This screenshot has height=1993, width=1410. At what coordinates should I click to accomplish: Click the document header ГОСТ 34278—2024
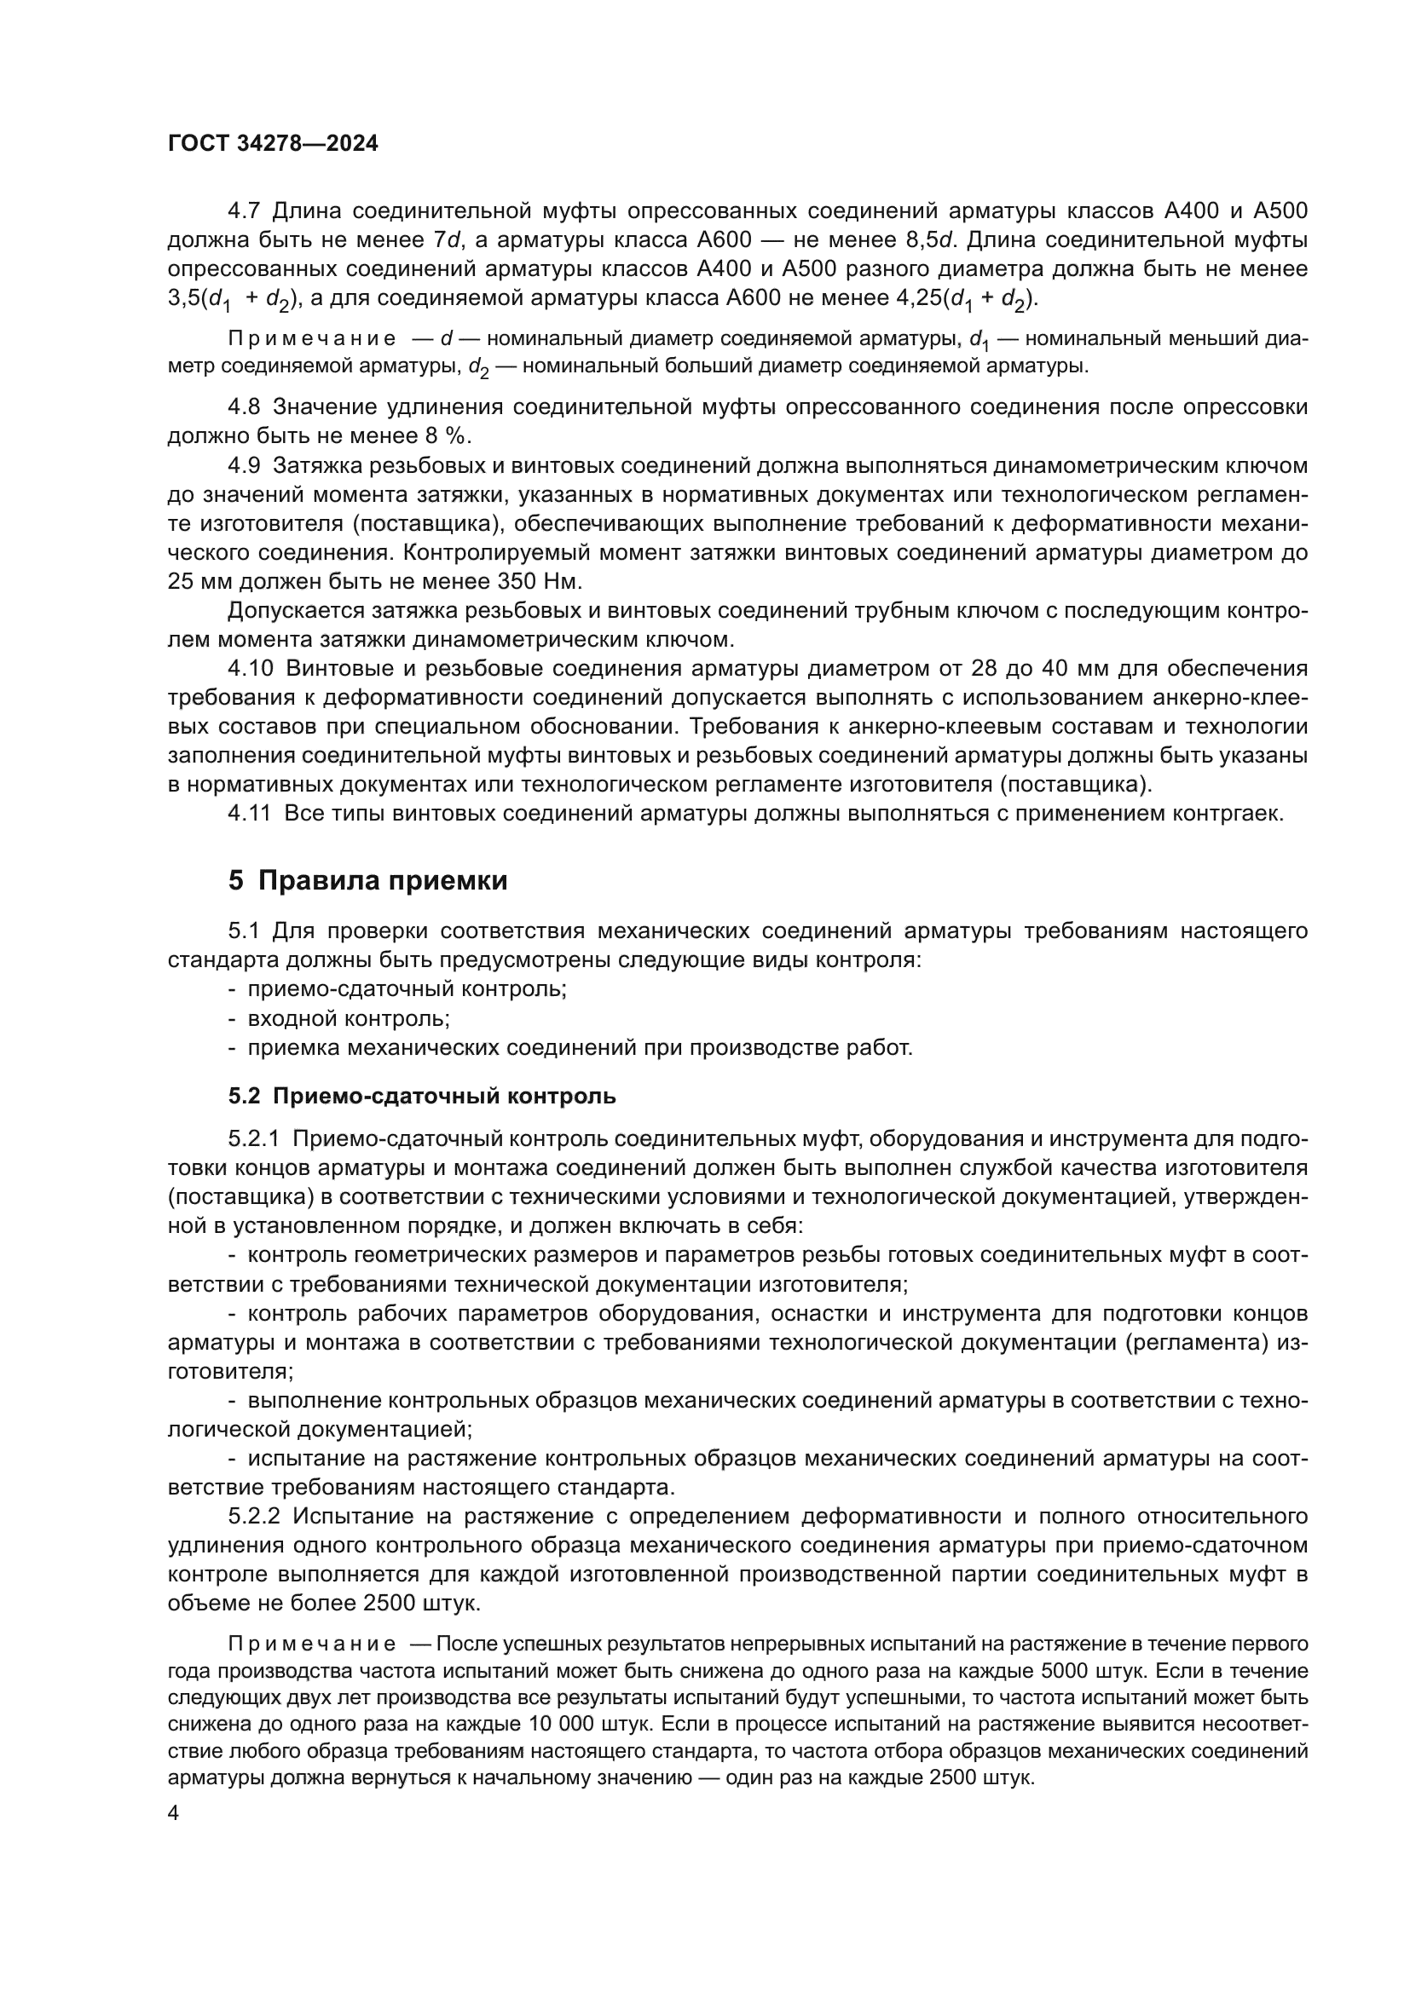pyautogui.click(x=273, y=144)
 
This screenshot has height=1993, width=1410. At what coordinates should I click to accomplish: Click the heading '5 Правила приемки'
pyautogui.click(x=367, y=880)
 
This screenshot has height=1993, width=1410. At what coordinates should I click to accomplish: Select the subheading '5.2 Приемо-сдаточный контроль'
pyautogui.click(x=422, y=1096)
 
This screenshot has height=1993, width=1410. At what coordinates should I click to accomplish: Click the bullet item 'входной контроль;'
pyautogui.click(x=348, y=1018)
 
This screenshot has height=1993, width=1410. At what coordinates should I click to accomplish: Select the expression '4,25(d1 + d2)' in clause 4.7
pyautogui.click(x=966, y=300)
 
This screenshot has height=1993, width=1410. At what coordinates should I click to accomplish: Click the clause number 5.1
pyautogui.click(x=244, y=931)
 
